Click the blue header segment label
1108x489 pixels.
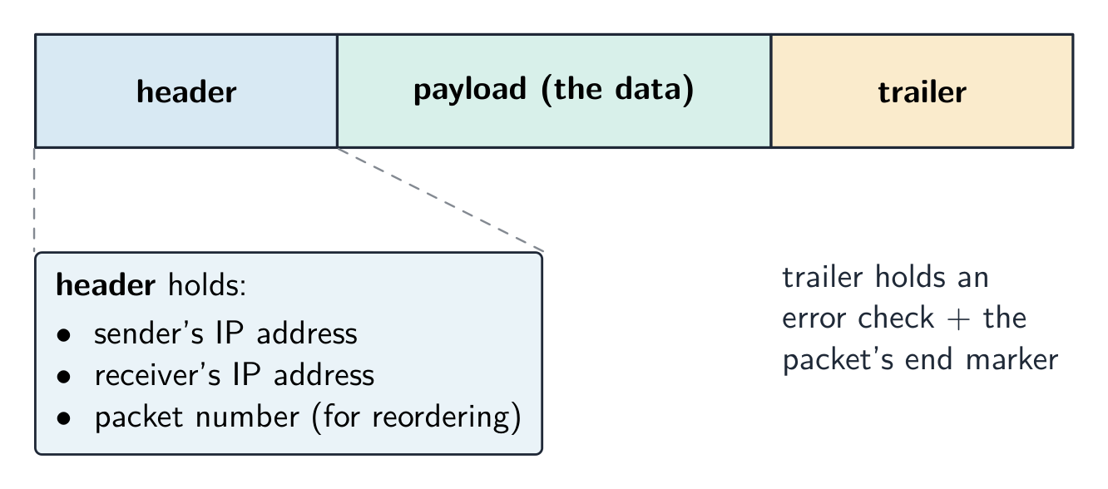pyautogui.click(x=186, y=92)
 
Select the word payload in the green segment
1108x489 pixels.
pyautogui.click(x=469, y=90)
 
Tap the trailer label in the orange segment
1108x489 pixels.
pyautogui.click(x=922, y=92)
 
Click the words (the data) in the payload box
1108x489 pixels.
pyautogui.click(x=618, y=90)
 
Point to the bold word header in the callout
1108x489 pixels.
pyautogui.click(x=106, y=284)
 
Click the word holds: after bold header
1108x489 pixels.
pyautogui.click(x=207, y=284)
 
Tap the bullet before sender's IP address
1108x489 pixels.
pyautogui.click(x=64, y=335)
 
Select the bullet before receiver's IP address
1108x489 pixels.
pyautogui.click(x=64, y=377)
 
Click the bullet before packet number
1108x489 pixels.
pyautogui.click(x=64, y=418)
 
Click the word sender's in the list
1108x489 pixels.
pyautogui.click(x=148, y=333)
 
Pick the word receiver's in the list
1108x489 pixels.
pyautogui.click(x=157, y=374)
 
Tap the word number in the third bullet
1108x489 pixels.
pyautogui.click(x=247, y=417)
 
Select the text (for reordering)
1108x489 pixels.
pyautogui.click(x=417, y=417)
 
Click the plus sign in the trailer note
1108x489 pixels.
pyautogui.click(x=958, y=319)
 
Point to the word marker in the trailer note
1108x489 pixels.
pyautogui.click(x=1012, y=359)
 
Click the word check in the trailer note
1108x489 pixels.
pyautogui.click(x=896, y=318)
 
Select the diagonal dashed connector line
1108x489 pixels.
pyautogui.click(x=440, y=200)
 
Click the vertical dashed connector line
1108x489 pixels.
pyautogui.click(x=34, y=200)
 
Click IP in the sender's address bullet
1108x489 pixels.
pyautogui.click(x=230, y=333)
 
